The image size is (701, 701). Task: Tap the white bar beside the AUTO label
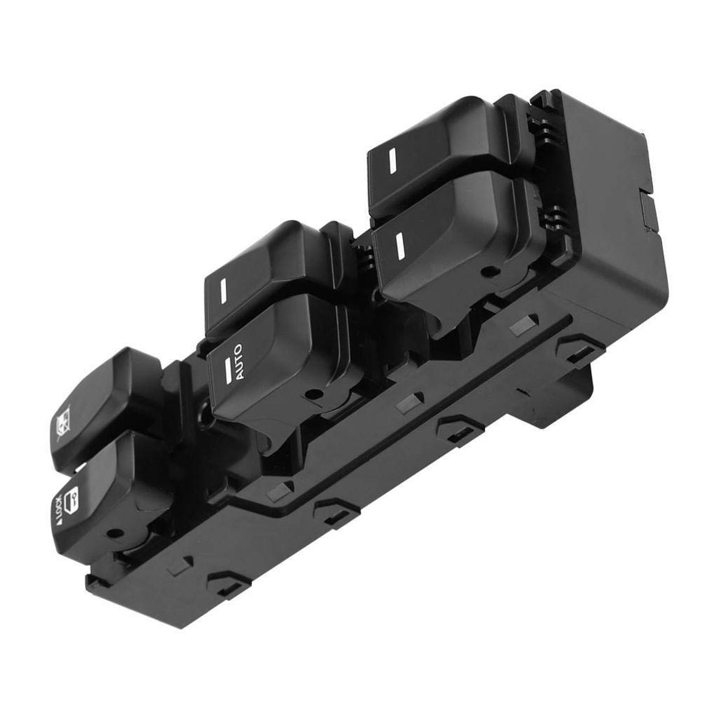click(x=228, y=370)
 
